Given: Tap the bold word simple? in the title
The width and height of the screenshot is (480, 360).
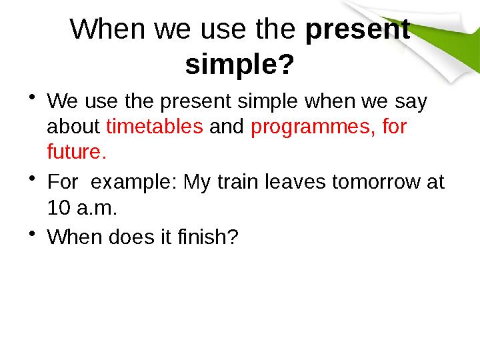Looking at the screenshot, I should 239,65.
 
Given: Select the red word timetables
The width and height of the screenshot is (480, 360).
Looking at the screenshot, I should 155,127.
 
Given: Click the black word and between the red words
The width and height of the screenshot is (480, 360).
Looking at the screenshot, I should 227,127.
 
